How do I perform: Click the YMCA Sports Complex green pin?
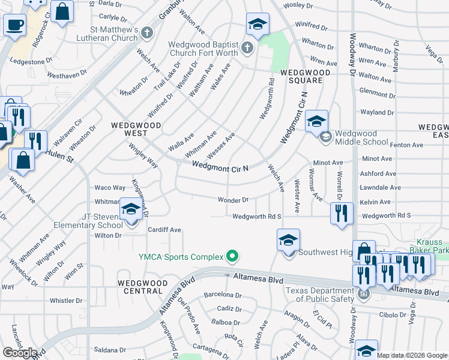232,257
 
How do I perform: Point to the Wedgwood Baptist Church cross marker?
248,47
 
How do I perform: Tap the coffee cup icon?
14,25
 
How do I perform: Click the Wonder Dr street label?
233,200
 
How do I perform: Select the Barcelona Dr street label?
223,295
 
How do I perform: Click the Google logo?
20,353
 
